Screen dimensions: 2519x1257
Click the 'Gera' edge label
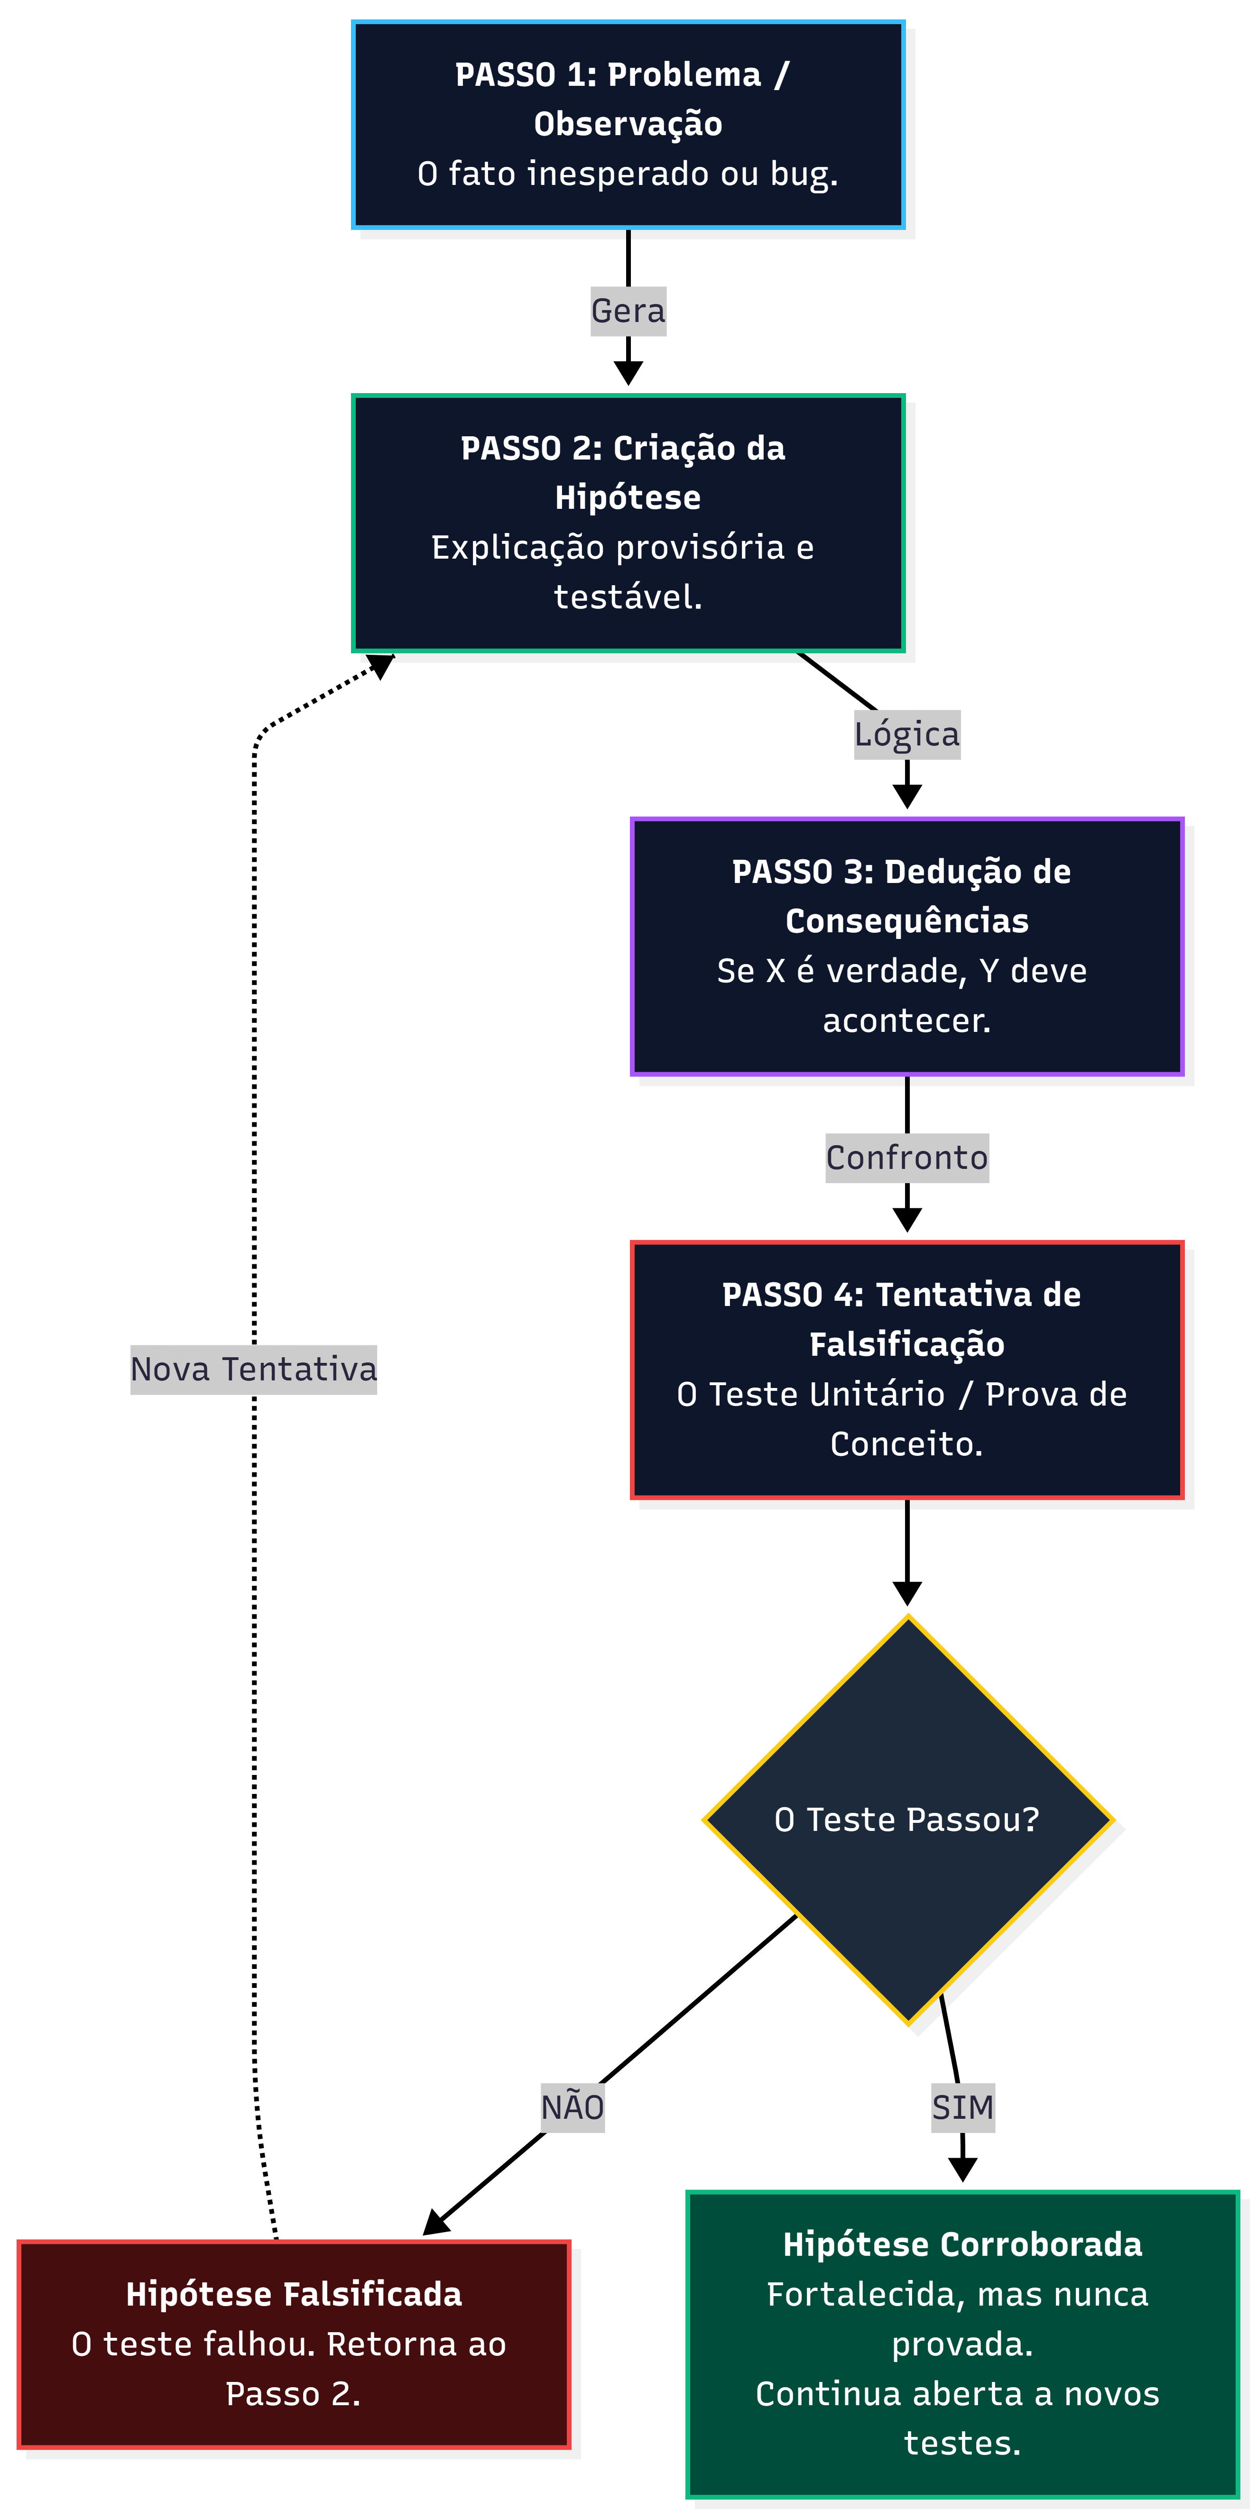[628, 311]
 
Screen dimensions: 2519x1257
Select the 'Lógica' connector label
[907, 735]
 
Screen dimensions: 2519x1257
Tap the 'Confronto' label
[907, 1158]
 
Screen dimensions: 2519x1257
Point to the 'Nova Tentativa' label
[253, 1369]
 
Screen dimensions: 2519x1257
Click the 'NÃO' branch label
[572, 2107]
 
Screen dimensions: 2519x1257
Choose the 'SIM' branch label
[962, 2107]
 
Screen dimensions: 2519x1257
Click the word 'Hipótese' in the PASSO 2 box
[628, 498]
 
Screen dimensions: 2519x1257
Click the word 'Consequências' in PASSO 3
[907, 921]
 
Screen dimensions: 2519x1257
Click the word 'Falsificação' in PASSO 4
[907, 1344]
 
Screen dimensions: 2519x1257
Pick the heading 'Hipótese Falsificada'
[294, 2294]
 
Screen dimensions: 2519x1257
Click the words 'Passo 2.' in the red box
[294, 2394]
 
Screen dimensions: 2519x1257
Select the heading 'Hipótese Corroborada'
[962, 2244]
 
